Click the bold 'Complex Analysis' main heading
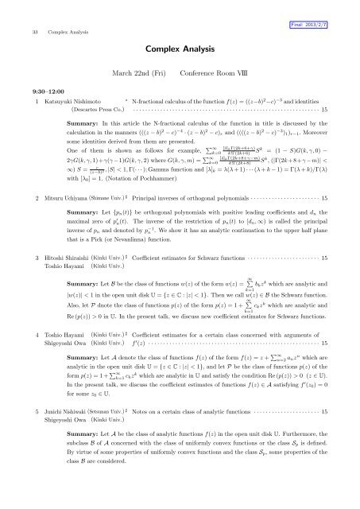pyautogui.click(x=180, y=49)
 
